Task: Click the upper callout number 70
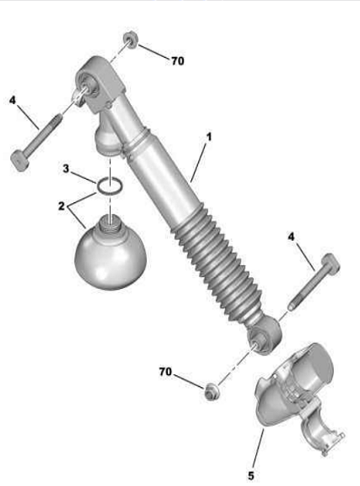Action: [178, 61]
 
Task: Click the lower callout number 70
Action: [165, 371]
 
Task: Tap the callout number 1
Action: [209, 137]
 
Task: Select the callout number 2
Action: [61, 206]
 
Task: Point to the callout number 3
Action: [65, 169]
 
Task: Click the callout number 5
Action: [251, 475]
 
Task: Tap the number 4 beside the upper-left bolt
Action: [13, 100]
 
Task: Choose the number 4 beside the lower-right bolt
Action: [291, 237]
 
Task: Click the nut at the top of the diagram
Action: [130, 40]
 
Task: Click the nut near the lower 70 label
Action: [212, 390]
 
